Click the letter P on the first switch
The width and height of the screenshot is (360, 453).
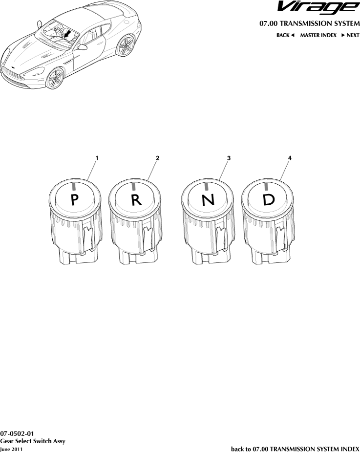(x=74, y=200)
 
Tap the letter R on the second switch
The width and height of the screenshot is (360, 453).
(x=136, y=200)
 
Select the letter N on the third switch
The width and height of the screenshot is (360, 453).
(x=208, y=200)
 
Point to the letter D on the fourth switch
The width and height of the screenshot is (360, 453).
(x=269, y=200)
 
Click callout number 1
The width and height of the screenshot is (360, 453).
(x=97, y=158)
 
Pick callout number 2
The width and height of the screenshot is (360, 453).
(x=157, y=158)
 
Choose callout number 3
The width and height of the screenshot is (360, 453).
(x=229, y=158)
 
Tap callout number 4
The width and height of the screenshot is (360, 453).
(x=290, y=158)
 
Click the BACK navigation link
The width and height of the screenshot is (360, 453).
(x=285, y=35)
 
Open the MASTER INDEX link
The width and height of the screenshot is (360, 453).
(x=318, y=35)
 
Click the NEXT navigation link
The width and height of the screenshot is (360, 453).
(x=350, y=35)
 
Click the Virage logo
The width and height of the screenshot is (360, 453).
(x=318, y=8)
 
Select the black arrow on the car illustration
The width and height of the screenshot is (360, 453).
(x=67, y=34)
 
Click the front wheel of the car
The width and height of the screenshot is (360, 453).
(x=55, y=78)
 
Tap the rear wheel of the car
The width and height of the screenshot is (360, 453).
(x=126, y=45)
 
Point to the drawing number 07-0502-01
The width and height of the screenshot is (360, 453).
(x=17, y=433)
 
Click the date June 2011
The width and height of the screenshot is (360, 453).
(x=11, y=449)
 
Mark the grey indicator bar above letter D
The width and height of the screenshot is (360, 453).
(x=266, y=186)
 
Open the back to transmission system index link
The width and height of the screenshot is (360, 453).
(x=295, y=449)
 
